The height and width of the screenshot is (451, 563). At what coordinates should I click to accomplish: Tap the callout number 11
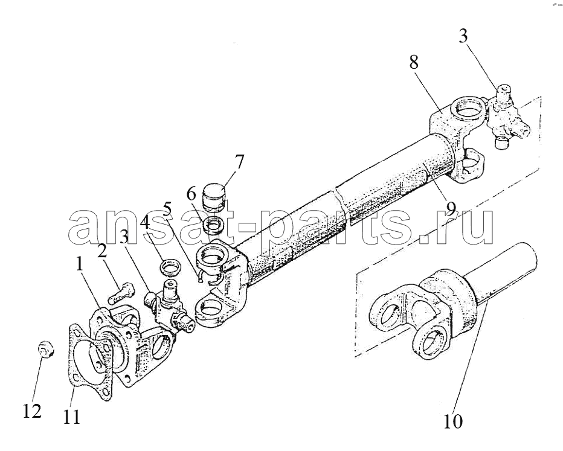coord(71,417)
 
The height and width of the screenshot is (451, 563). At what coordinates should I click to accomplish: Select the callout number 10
coord(453,421)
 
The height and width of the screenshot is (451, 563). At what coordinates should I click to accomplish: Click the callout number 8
coord(414,62)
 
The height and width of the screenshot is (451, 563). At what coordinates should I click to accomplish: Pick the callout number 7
coord(239,162)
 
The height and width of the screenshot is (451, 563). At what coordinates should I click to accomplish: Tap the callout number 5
coord(168,208)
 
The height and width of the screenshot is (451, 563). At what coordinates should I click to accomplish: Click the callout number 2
coord(102,251)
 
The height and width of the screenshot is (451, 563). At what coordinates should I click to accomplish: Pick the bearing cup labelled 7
coord(214,197)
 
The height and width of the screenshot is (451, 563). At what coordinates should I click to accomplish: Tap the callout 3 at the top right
coord(463,37)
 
